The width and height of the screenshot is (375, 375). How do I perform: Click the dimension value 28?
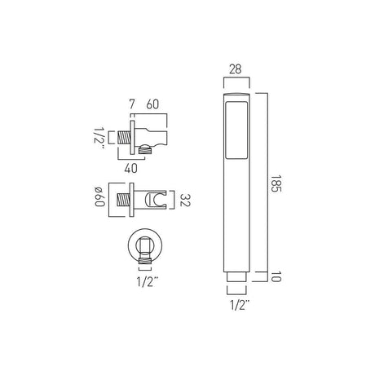click(236, 69)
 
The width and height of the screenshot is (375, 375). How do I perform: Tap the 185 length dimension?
click(276, 183)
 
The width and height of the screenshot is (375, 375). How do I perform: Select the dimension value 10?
click(276, 276)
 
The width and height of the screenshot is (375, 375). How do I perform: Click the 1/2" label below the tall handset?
click(240, 306)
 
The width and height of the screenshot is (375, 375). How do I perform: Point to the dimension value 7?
click(131, 104)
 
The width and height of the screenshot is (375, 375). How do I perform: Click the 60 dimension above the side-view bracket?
click(152, 104)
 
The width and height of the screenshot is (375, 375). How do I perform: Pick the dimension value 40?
click(130, 169)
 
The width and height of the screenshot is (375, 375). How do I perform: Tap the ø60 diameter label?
click(99, 196)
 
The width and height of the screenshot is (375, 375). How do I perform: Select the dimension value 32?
click(185, 200)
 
